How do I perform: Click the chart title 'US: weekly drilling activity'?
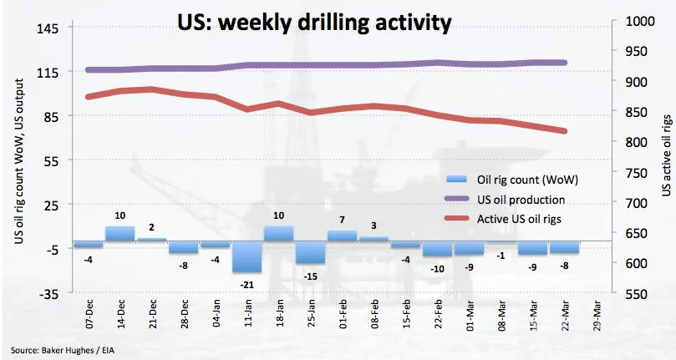[x=314, y=23]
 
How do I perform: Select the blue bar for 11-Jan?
[x=247, y=256]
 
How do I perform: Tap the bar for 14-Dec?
[x=119, y=234]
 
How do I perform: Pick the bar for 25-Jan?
[x=310, y=252]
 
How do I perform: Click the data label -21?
[x=247, y=285]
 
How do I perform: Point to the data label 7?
[x=343, y=220]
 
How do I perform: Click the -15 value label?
[x=310, y=276]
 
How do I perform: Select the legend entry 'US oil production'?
[x=521, y=200]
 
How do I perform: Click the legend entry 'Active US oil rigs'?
[x=519, y=219]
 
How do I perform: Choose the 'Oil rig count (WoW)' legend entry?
[x=527, y=180]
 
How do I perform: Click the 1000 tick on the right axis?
[x=640, y=21]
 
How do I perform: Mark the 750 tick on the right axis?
[x=636, y=173]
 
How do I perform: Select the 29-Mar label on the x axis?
[x=597, y=315]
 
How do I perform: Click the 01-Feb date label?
[x=343, y=315]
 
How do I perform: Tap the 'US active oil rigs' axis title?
[x=667, y=155]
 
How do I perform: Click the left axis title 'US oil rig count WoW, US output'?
[x=19, y=161]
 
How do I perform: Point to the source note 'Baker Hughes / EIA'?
[x=78, y=351]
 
